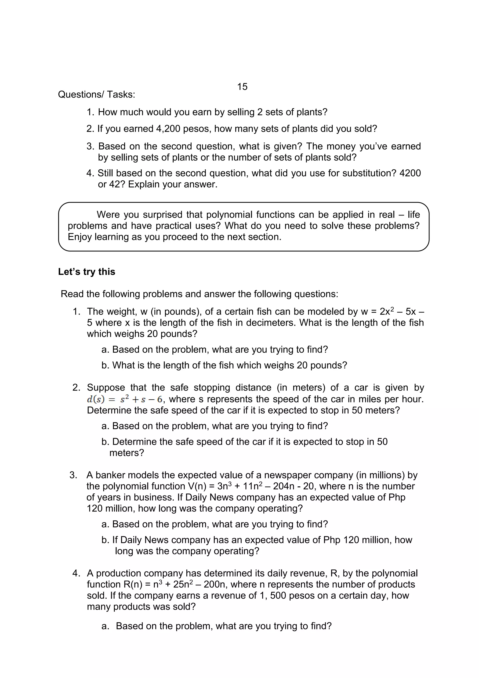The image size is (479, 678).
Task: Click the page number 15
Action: pyautogui.click(x=242, y=87)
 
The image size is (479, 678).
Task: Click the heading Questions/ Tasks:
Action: pyautogui.click(x=97, y=95)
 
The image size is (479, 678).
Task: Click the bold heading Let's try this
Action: pyautogui.click(x=87, y=272)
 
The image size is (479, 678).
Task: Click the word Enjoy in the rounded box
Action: pyautogui.click(x=80, y=237)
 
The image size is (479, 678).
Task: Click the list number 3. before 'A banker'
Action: pyautogui.click(x=73, y=475)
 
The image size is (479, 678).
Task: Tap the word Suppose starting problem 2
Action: pyautogui.click(x=105, y=388)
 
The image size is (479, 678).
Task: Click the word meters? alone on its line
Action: pyautogui.click(x=126, y=453)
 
